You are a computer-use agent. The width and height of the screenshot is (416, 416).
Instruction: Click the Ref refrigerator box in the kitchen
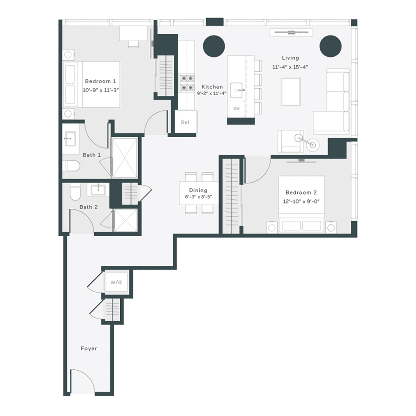(185, 122)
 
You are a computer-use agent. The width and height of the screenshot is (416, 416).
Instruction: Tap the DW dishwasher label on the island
(237, 109)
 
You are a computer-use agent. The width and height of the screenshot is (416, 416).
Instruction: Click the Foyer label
(88, 349)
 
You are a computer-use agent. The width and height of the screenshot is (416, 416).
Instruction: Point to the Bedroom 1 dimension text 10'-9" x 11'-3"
(101, 91)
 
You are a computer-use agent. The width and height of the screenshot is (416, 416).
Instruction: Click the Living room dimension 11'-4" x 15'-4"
(290, 67)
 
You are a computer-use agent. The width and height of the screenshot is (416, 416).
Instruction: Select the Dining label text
(198, 190)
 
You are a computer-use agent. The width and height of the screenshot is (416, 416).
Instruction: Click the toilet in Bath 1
(72, 165)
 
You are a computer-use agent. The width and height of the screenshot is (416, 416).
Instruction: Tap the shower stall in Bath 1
(124, 158)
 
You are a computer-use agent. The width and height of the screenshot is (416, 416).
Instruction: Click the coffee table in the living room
(290, 92)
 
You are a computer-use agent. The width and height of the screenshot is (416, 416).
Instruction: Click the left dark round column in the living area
(214, 45)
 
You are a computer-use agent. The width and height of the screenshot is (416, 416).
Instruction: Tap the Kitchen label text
(212, 86)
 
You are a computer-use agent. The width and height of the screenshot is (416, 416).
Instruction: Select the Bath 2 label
(88, 207)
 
